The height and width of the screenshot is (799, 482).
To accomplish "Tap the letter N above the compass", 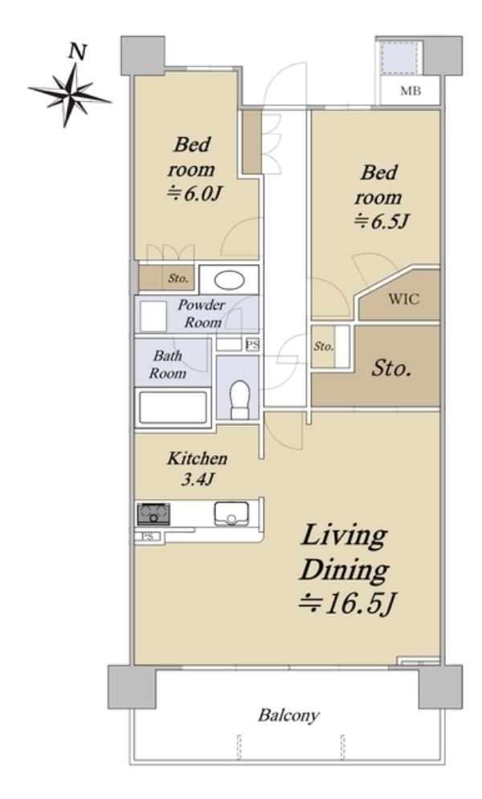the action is point(78,52).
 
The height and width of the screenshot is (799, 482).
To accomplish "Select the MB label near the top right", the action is point(411,92).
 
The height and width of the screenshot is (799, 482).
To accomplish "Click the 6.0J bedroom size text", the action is point(194,194).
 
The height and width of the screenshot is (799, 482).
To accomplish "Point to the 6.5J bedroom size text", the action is point(382,222).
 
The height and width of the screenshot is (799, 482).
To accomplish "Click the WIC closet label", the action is point(404,299).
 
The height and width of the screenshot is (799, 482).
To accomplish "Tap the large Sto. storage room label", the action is point(391,368).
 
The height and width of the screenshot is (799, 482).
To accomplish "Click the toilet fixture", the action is point(239,400).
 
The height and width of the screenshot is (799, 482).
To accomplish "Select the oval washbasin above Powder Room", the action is point(229,280).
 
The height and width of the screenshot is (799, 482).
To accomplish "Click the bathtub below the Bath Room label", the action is point(173,407).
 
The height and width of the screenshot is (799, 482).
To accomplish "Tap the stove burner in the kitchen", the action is point(153,514).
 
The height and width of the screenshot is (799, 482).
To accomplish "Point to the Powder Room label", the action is point(202,313).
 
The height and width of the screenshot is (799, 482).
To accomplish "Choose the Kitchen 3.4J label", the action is point(197,468).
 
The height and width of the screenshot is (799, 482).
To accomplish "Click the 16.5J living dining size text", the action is point(346,605).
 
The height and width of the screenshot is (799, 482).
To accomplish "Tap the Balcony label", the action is point(288,715).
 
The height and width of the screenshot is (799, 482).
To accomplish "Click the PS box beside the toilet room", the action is point(252,345).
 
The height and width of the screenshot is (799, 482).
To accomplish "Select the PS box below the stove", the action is point(147,536).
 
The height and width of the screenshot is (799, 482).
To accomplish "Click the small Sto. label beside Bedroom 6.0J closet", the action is point(178,279).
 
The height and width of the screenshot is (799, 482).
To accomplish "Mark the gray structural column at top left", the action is point(143,55).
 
